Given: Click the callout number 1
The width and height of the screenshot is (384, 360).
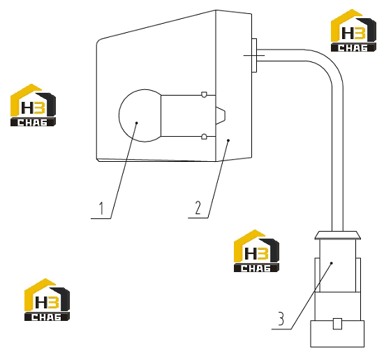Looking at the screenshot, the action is tap(101, 208).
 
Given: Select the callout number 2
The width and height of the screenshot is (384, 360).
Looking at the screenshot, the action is tap(198, 207).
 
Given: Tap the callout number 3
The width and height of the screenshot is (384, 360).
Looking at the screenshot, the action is tap(281, 318).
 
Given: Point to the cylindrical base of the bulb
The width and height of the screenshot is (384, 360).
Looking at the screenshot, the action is tap(188, 116).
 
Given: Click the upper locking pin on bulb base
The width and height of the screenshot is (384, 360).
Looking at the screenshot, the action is tap(204, 95).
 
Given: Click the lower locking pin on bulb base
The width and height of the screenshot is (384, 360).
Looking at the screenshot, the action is tap(204, 137).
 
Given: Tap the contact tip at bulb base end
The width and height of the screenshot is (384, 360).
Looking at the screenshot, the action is tap(221, 116).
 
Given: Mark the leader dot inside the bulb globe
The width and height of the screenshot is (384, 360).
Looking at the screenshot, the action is tap(137, 123).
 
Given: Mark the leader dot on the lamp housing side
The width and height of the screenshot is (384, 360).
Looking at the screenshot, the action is tap(228, 140).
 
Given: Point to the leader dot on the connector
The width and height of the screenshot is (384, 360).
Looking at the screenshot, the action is tap(332, 263).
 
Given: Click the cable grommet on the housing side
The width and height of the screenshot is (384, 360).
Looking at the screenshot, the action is tap(254, 55).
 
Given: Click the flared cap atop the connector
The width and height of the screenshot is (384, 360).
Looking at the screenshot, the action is tap(338, 235).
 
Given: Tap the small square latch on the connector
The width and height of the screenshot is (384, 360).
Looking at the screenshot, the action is tap(337, 324).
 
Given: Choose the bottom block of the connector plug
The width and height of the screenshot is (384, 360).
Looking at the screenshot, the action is tap(337, 333).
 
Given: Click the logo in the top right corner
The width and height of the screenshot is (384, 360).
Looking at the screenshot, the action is tap(353, 30).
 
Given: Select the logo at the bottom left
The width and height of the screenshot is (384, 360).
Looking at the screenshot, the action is tap(47, 299).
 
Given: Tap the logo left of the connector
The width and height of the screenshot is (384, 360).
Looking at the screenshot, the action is tap(256, 251).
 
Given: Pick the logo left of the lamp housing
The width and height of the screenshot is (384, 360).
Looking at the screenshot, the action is tap(33, 105).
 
